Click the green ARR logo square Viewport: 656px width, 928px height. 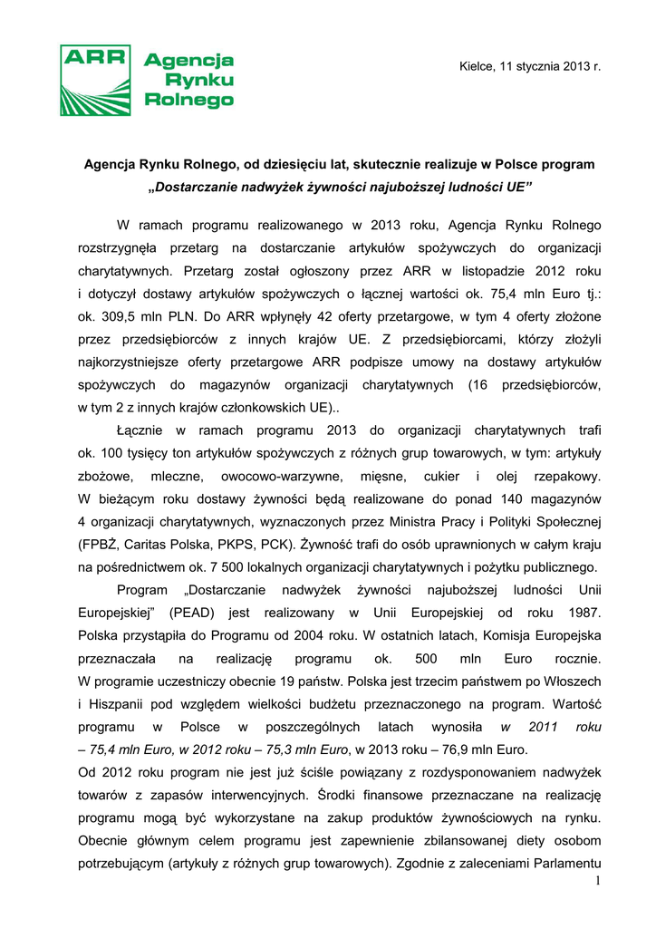[95, 79]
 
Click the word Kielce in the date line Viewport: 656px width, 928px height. [477, 66]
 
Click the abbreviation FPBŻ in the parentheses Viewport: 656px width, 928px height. [101, 545]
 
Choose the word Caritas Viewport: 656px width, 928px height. [153, 545]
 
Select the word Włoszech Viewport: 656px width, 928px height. [574, 681]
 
